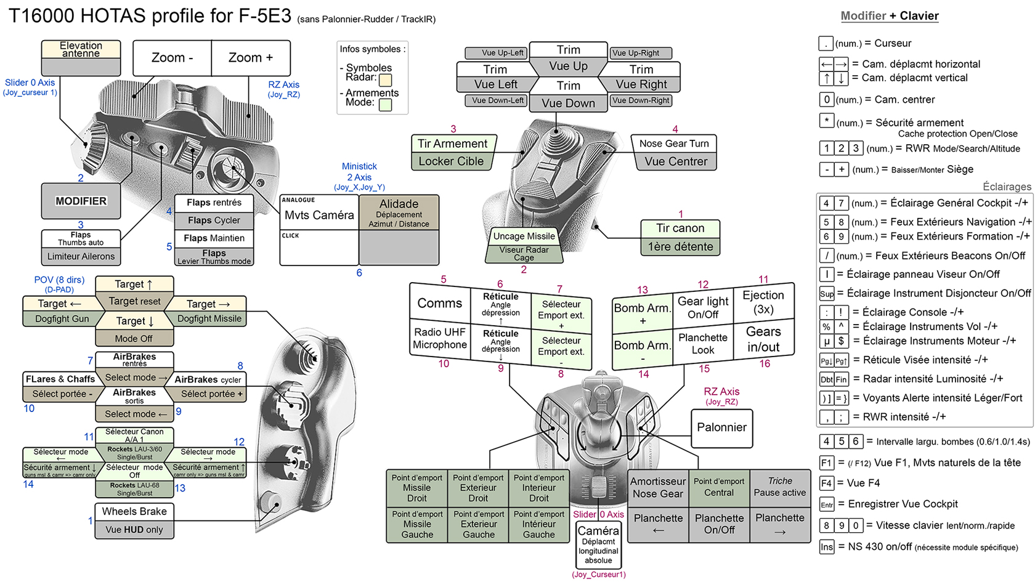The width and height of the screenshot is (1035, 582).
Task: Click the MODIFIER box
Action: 81,201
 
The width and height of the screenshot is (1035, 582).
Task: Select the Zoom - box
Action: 172,58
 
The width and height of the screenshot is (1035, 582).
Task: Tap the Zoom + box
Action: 250,58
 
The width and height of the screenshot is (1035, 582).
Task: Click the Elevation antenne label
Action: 81,49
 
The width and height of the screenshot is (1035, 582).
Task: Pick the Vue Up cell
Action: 568,66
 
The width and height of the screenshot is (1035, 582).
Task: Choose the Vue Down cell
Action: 568,103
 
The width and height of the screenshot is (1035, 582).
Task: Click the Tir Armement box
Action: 452,143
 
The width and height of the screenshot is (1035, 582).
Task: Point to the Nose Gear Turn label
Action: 673,143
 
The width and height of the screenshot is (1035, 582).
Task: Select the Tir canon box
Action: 680,228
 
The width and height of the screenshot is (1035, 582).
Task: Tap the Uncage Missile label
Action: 524,236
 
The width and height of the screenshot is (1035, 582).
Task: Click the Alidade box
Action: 399,212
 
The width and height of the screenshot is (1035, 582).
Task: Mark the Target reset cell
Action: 134,301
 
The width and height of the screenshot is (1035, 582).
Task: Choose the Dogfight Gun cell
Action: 62,318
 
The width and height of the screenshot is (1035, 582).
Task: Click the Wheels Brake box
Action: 134,511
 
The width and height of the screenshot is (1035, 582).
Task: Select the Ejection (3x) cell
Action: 763,302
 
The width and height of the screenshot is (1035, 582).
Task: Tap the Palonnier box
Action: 721,427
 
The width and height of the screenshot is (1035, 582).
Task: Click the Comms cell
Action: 439,303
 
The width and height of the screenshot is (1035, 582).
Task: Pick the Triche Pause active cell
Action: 780,487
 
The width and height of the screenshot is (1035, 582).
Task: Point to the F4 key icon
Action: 826,483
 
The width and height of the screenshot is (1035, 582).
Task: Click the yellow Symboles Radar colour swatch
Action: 386,79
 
